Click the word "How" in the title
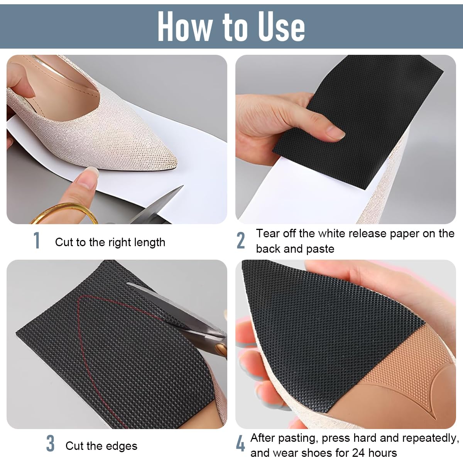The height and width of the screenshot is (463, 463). (185, 26)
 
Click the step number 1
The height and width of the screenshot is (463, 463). (37, 241)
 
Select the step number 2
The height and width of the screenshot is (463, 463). (241, 241)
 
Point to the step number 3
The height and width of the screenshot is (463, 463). (50, 444)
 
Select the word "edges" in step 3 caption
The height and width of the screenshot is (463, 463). (123, 446)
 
